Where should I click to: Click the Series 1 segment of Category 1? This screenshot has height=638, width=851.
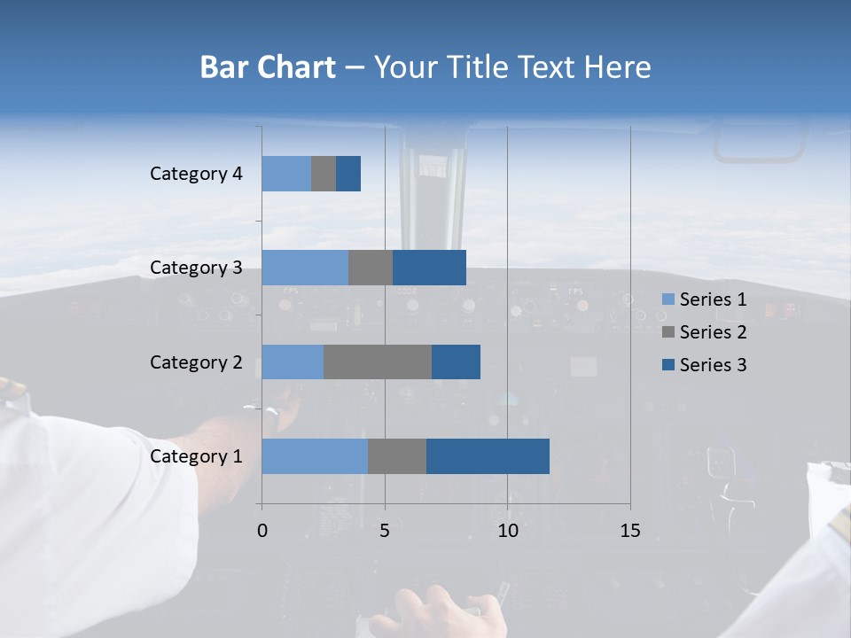click(315, 456)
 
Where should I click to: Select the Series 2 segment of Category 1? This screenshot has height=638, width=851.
click(397, 456)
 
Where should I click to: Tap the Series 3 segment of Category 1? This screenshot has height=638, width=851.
click(488, 456)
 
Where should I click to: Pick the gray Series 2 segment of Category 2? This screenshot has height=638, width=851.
click(378, 362)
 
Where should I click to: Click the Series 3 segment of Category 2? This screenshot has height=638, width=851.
click(456, 362)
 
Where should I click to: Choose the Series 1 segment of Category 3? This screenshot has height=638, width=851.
click(305, 268)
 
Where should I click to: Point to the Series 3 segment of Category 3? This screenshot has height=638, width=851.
click(429, 268)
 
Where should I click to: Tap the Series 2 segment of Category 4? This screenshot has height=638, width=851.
click(324, 174)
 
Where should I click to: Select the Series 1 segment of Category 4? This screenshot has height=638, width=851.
click(286, 174)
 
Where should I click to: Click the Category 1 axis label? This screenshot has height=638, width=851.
click(196, 456)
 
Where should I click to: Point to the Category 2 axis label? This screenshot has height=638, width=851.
click(196, 362)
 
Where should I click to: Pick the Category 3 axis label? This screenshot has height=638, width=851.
click(196, 268)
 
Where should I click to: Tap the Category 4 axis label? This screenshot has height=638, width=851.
click(196, 174)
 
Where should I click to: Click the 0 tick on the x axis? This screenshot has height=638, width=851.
click(262, 531)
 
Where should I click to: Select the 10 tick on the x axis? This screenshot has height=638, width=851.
click(507, 531)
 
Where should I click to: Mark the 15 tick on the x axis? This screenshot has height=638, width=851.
click(630, 531)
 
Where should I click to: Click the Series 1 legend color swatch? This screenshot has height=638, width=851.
click(668, 300)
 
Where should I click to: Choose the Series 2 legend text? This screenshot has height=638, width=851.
click(713, 332)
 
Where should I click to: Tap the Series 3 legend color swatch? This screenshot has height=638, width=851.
click(668, 365)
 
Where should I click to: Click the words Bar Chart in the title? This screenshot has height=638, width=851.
click(268, 67)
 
